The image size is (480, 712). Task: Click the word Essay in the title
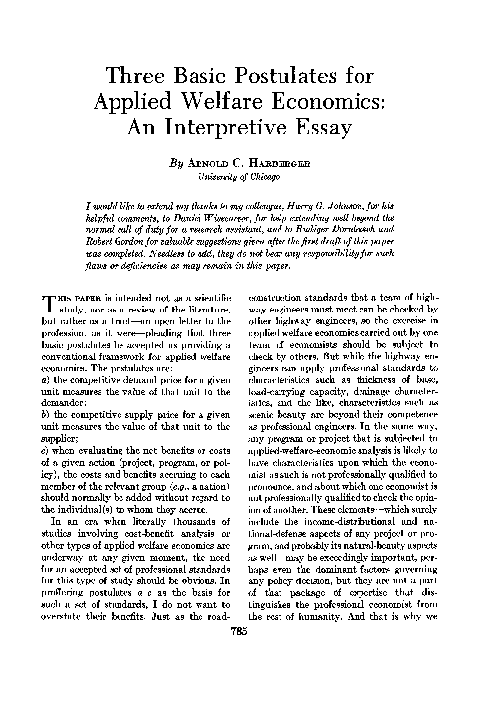(x=329, y=131)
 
